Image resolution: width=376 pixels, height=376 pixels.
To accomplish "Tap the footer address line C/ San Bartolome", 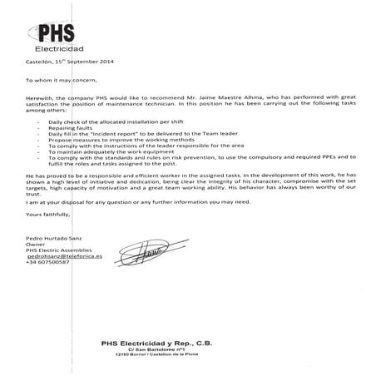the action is point(187,349).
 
